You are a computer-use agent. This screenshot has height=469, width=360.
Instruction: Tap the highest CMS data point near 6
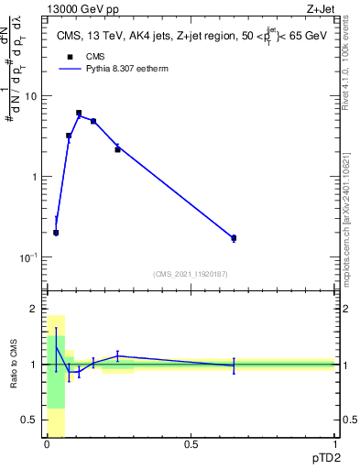79,113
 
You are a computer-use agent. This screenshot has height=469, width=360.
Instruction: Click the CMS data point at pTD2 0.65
234,238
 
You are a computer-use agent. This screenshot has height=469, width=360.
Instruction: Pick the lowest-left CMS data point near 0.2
56,233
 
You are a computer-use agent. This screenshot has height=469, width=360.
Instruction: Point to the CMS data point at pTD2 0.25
117,148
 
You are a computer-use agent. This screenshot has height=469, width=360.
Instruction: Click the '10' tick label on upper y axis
30,96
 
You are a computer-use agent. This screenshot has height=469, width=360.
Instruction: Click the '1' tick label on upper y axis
34,177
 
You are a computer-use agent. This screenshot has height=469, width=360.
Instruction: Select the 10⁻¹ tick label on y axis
28,257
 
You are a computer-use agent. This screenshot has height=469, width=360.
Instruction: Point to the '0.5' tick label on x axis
191,444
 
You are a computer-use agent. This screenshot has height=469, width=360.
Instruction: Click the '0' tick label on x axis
47,444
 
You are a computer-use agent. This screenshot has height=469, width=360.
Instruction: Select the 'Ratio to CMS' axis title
14,365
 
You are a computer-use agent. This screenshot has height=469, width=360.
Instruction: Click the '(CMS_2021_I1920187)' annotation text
190,273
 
